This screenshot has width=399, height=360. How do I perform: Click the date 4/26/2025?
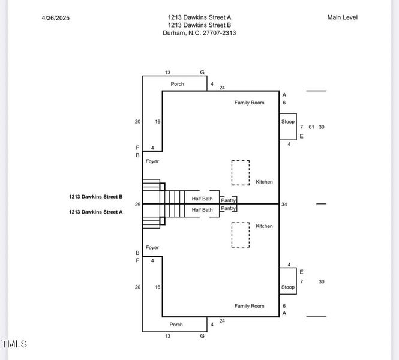(56, 18)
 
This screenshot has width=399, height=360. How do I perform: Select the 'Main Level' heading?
(342, 17)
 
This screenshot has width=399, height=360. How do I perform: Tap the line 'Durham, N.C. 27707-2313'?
(199, 33)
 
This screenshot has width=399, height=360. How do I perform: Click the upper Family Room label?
(249, 103)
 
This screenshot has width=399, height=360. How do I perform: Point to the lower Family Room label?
(249, 306)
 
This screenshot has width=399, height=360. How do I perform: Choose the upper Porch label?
(177, 84)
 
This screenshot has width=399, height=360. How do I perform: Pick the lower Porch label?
(176, 325)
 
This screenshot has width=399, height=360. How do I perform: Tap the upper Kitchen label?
(264, 182)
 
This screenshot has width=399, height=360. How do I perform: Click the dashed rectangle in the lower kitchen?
(241, 235)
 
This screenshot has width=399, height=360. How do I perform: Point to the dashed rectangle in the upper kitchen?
(241, 173)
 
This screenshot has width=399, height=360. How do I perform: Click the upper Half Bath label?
(202, 199)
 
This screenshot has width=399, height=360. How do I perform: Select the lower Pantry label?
(228, 208)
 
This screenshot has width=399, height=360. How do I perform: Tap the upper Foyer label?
(152, 161)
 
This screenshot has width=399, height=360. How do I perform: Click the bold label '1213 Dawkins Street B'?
(95, 196)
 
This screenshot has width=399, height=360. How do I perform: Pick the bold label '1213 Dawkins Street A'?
(95, 212)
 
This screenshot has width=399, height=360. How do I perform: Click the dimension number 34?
(284, 205)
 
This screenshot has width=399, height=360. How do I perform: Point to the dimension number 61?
(311, 127)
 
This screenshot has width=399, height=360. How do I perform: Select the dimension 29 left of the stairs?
(137, 205)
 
